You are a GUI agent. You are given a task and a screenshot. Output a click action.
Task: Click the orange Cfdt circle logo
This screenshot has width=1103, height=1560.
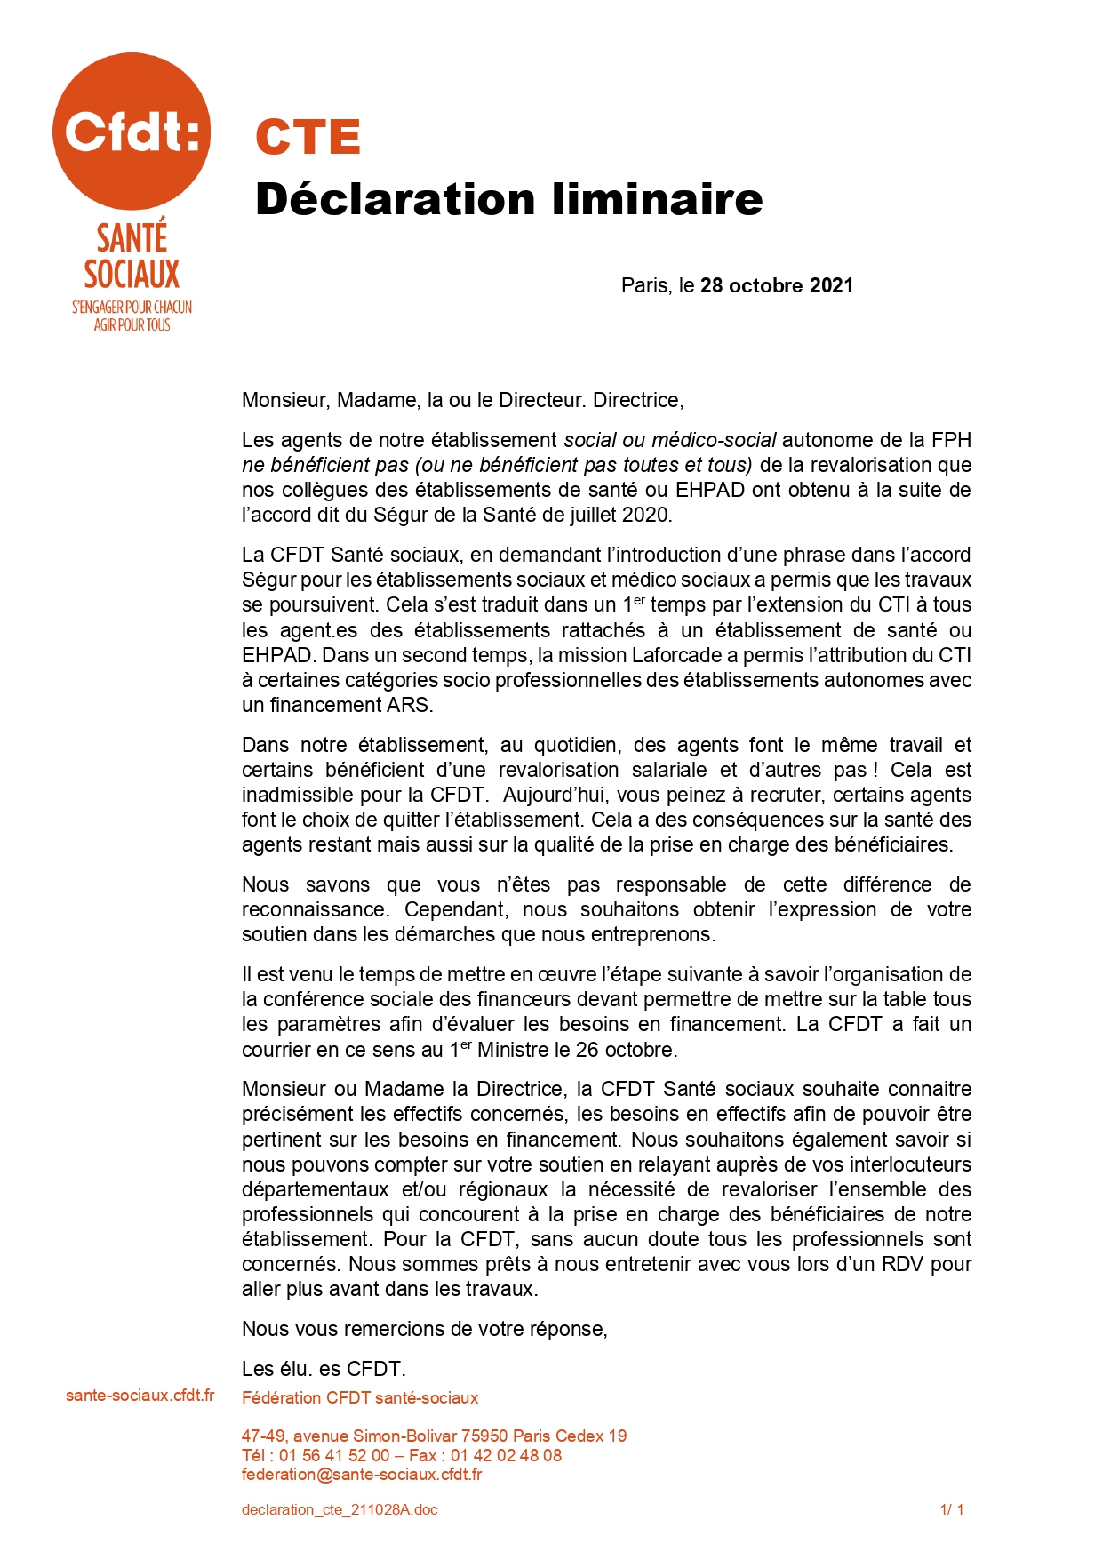click(x=132, y=131)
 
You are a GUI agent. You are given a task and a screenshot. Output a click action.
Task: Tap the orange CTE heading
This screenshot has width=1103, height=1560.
click(x=308, y=137)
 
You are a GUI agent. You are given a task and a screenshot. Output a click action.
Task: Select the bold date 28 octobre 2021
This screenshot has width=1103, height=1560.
click(x=777, y=285)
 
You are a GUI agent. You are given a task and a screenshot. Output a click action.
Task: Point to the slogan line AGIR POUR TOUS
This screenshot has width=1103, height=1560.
click(x=132, y=325)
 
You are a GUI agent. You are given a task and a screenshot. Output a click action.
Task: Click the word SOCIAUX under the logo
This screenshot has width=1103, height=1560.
click(x=132, y=274)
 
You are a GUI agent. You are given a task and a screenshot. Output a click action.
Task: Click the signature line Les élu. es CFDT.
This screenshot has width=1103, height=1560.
click(x=324, y=1369)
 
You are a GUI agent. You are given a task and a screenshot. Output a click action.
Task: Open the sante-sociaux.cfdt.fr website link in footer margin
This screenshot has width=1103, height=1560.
click(x=140, y=1396)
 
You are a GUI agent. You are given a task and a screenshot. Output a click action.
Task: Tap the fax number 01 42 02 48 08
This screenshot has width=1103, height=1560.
click(x=506, y=1455)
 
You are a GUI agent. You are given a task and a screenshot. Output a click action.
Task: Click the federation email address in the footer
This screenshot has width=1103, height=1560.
click(x=362, y=1475)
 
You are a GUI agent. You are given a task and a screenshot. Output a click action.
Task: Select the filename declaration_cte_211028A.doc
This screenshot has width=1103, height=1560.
click(x=340, y=1509)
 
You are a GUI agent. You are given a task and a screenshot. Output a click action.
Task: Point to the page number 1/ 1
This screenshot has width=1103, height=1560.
click(x=952, y=1509)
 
